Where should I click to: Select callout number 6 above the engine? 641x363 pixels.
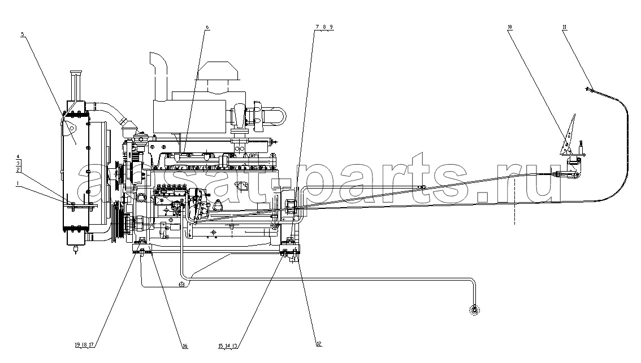pyautogui.click(x=207, y=27)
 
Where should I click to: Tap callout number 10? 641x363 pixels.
pyautogui.click(x=509, y=27)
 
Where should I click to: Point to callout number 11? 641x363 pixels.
pyautogui.click(x=564, y=27)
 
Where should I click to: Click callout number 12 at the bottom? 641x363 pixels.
pyautogui.click(x=319, y=344)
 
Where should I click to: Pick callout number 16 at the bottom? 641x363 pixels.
pyautogui.click(x=185, y=346)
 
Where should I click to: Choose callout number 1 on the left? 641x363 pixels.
pyautogui.click(x=17, y=184)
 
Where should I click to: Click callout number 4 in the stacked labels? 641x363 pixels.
pyautogui.click(x=18, y=156)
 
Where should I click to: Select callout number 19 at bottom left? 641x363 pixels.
pyautogui.click(x=77, y=344)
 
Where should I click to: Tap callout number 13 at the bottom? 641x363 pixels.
pyautogui.click(x=235, y=346)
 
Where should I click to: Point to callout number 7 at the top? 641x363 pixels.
pyautogui.click(x=317, y=27)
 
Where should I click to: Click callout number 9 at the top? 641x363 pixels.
pyautogui.click(x=331, y=27)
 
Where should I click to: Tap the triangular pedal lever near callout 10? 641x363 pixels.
pyautogui.click(x=568, y=135)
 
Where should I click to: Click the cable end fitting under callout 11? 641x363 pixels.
pyautogui.click(x=590, y=89)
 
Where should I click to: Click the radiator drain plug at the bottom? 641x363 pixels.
pyautogui.click(x=76, y=249)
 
